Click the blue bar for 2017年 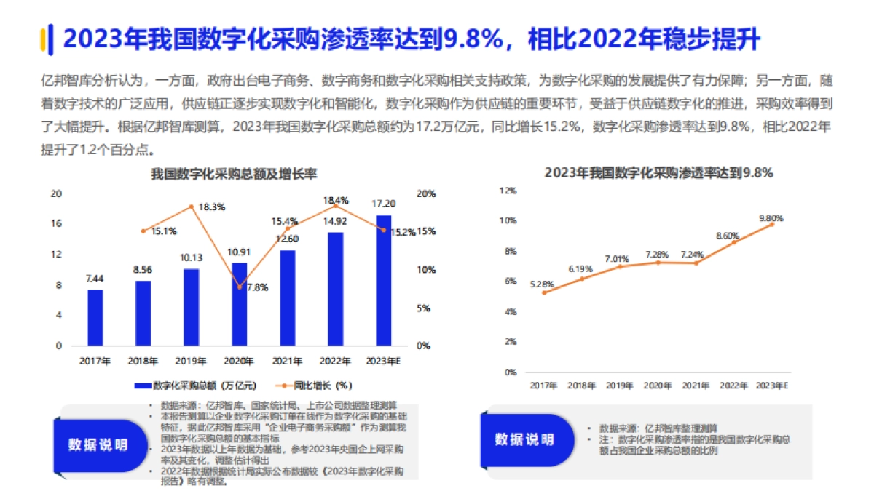95,317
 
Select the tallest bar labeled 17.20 383,280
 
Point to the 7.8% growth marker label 256,287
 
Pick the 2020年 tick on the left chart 239,361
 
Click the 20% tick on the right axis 426,193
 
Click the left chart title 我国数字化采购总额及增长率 234,174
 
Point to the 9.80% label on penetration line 771,217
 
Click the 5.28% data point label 542,284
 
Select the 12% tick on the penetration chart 508,191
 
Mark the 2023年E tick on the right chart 773,386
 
